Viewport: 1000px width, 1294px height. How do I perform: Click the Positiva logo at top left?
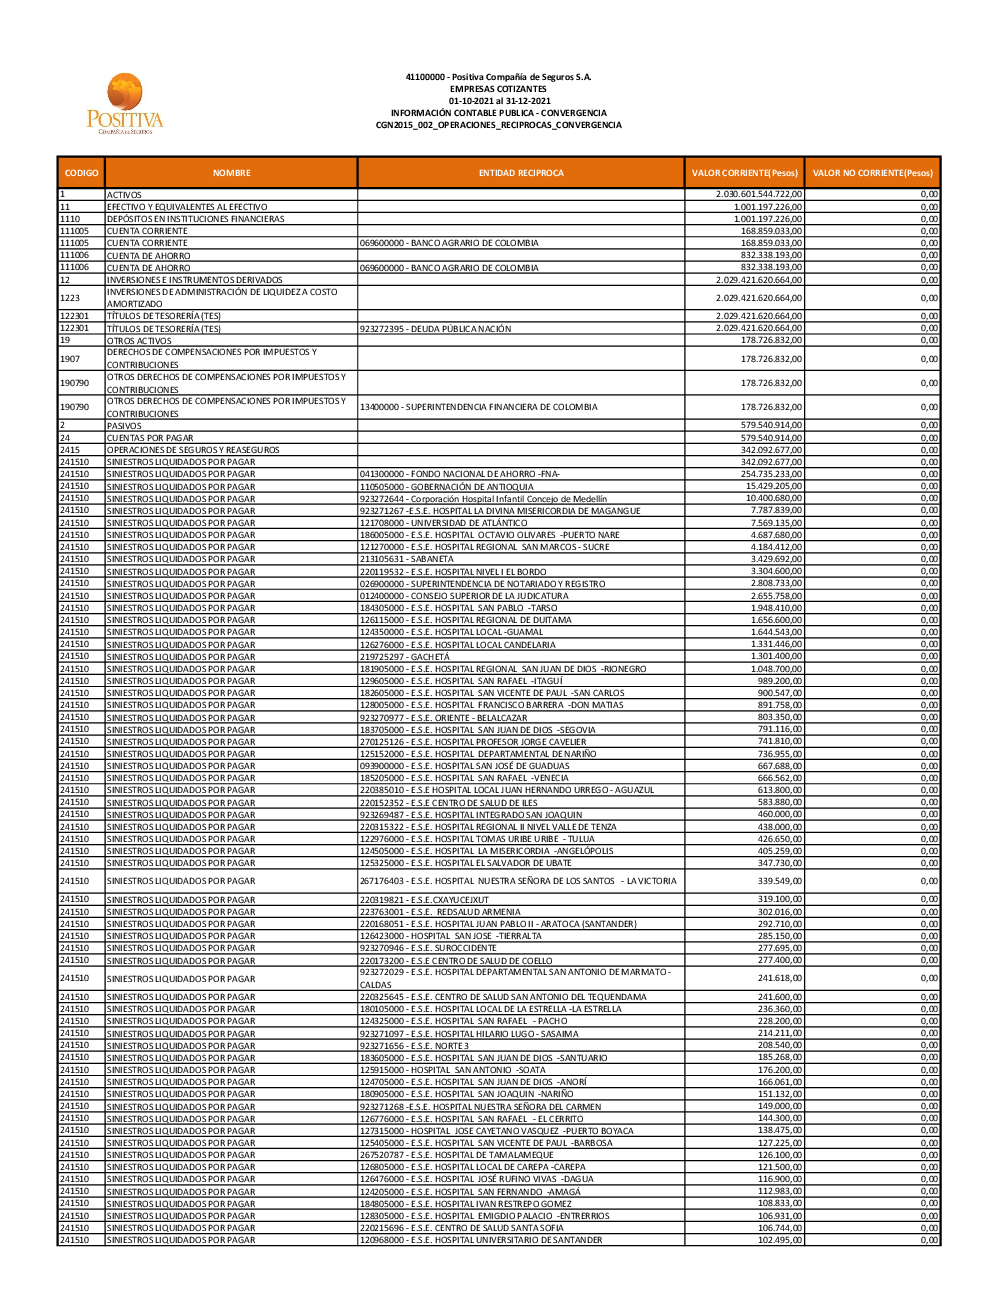pos(125,104)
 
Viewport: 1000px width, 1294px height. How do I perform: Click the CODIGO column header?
pos(81,173)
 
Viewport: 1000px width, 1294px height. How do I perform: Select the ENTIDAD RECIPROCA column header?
pos(521,173)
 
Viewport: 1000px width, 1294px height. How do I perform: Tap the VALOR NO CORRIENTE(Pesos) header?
pos(872,173)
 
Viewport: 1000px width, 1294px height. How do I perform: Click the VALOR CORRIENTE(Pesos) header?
pos(745,173)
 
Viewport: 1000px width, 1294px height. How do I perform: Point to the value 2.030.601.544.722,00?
pos(759,194)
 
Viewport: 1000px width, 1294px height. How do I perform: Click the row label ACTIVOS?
pos(125,195)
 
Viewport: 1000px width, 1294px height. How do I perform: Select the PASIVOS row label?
pos(125,426)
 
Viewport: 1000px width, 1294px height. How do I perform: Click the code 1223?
pos(70,298)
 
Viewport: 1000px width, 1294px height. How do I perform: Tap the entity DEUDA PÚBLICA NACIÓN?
pos(436,329)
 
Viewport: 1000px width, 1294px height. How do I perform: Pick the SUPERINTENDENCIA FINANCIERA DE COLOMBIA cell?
pos(479,407)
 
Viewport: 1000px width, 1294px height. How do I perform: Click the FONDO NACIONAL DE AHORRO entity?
pos(460,474)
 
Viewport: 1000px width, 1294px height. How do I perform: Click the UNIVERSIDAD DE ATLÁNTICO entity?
pos(444,523)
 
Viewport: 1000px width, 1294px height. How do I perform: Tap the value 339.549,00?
pos(780,881)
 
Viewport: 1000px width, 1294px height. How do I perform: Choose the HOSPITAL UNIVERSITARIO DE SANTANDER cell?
pos(481,1240)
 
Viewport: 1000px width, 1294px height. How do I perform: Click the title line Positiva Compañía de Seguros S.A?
pos(498,77)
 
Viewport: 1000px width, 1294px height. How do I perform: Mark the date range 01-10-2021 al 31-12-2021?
pos(499,101)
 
